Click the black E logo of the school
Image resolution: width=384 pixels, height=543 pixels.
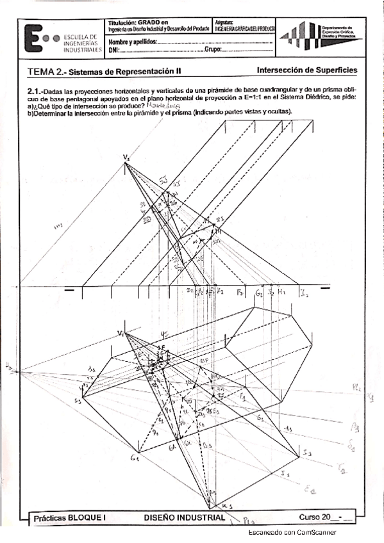pyautogui.click(x=33, y=38)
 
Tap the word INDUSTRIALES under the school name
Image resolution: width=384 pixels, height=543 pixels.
pyautogui.click(x=81, y=49)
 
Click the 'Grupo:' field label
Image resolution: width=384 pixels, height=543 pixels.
pyautogui.click(x=213, y=50)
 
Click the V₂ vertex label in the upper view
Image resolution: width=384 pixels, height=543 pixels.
pyautogui.click(x=126, y=156)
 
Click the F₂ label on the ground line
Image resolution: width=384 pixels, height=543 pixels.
pyautogui.click(x=238, y=293)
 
